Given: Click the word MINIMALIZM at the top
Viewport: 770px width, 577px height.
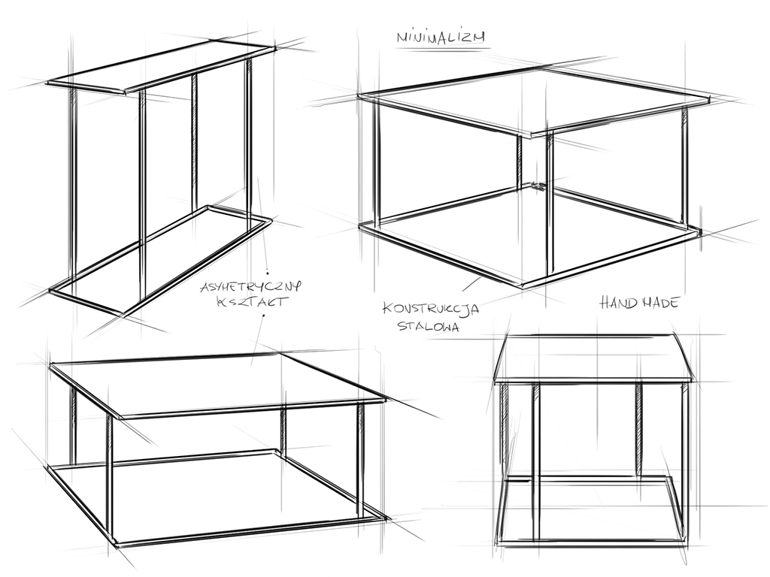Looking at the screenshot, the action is (441, 38).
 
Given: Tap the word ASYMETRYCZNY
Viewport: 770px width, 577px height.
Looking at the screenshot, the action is (250, 286).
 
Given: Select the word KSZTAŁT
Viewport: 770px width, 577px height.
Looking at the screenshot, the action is (250, 301).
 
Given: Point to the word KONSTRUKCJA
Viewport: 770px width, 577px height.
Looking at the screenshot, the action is (431, 309).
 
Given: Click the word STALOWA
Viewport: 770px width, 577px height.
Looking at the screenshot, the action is (429, 326).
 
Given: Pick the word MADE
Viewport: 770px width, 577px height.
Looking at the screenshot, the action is (659, 302).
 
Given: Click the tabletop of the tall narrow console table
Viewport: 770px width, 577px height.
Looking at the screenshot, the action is (161, 67).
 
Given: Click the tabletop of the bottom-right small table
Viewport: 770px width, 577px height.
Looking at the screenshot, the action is (593, 359).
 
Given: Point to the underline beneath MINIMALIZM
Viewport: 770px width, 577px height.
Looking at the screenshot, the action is (444, 48).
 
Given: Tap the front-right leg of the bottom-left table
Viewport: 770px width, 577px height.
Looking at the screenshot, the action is (361, 460).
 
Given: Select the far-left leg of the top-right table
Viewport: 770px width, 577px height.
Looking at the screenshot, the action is (377, 163).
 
